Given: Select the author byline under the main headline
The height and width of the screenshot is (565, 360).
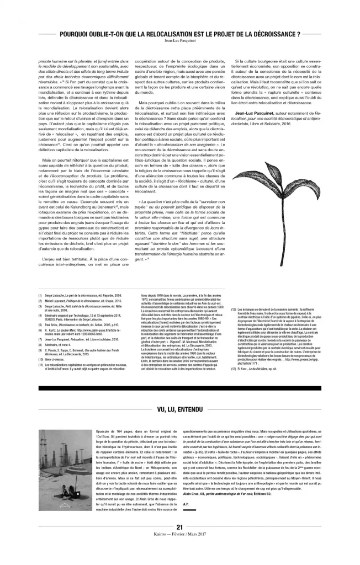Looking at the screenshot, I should click(x=180, y=41).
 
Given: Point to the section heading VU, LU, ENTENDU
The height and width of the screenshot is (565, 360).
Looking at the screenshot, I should click(x=180, y=410).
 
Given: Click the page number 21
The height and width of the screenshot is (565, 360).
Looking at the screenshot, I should click(x=179, y=543).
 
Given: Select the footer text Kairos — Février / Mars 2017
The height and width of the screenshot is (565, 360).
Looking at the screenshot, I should click(x=180, y=550).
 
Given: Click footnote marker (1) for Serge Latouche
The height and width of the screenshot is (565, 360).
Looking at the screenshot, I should click(x=40, y=295).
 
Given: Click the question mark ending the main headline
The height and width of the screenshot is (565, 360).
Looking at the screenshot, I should click(x=299, y=34).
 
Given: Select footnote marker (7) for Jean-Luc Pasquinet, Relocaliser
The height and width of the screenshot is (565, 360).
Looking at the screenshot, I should click(x=40, y=339).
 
